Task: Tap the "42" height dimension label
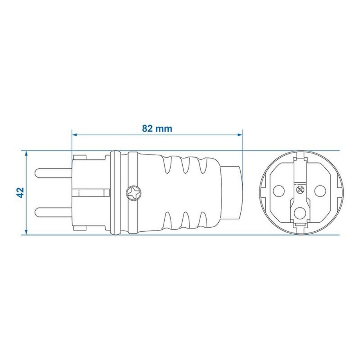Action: point(21,192)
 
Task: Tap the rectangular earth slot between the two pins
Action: point(90,193)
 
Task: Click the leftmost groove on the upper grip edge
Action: point(169,164)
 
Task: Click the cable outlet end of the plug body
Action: point(233,193)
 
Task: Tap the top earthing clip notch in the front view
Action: point(300,157)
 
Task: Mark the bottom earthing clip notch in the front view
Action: point(300,227)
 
